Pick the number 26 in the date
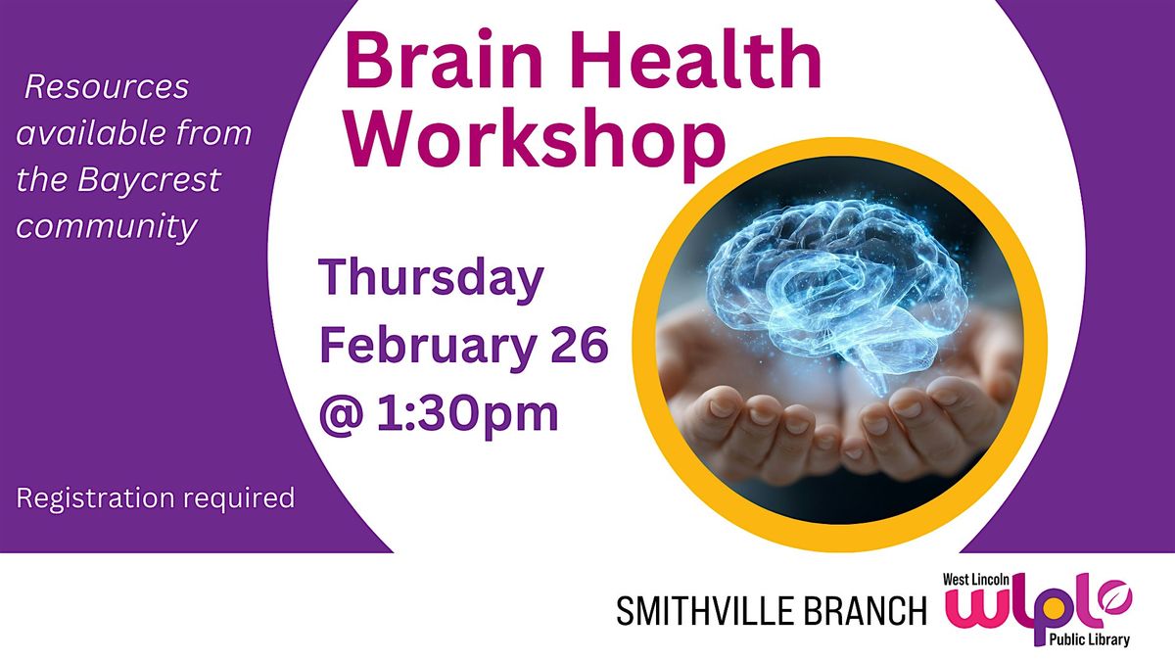[x=577, y=347]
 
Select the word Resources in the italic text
[x=107, y=88]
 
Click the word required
[x=240, y=498]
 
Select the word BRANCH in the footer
[x=873, y=612]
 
